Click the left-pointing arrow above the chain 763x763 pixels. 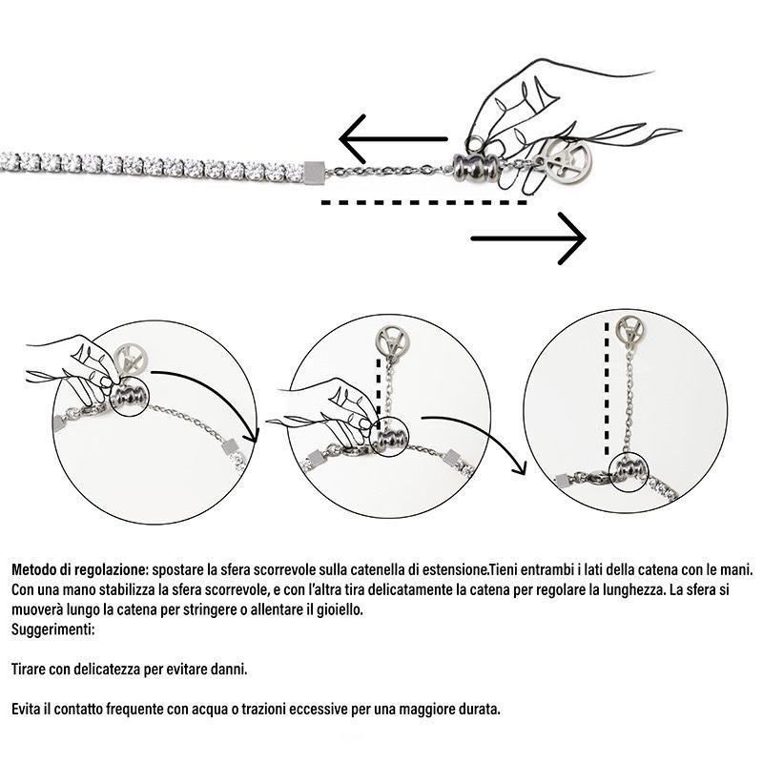393,139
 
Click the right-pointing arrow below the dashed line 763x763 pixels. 528,238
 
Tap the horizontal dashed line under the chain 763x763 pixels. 423,202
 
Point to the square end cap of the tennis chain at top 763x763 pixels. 313,172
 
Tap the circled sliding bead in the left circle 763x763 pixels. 129,396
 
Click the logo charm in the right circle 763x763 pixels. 629,331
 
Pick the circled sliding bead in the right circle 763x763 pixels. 629,471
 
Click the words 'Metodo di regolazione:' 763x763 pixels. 78,569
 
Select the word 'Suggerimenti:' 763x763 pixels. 52,629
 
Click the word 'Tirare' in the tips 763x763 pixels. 29,670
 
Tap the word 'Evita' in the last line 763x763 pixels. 27,710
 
